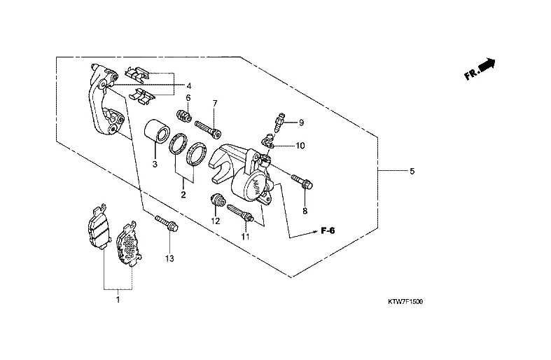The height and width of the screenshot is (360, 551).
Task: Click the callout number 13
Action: tap(169, 258)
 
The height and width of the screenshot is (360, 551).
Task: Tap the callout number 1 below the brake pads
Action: tap(118, 300)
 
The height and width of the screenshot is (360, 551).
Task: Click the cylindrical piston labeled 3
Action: tap(156, 131)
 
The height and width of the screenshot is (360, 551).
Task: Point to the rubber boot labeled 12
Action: tap(217, 202)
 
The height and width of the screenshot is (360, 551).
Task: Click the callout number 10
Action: tap(300, 146)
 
